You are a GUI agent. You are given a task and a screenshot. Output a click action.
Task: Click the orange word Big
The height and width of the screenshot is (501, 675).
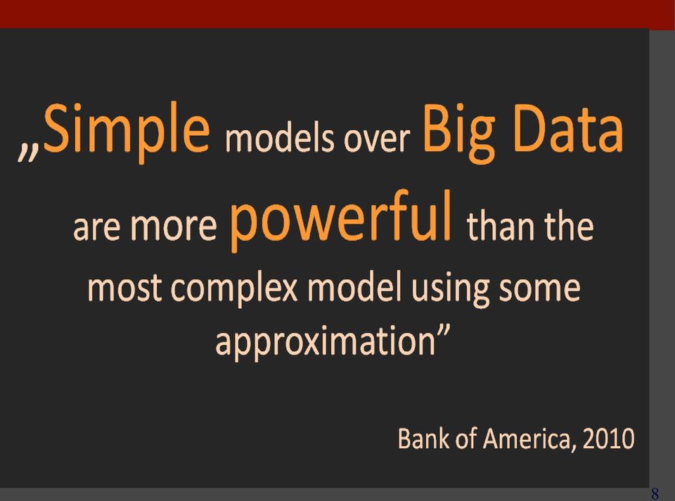458,133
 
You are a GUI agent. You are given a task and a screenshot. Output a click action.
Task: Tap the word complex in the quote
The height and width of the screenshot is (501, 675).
236,288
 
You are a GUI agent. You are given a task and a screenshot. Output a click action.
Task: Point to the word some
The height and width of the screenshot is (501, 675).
540,288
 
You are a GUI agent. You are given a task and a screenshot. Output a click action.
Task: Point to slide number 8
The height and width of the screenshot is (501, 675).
655,493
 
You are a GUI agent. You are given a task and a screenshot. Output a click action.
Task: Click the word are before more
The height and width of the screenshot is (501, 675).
97,228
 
